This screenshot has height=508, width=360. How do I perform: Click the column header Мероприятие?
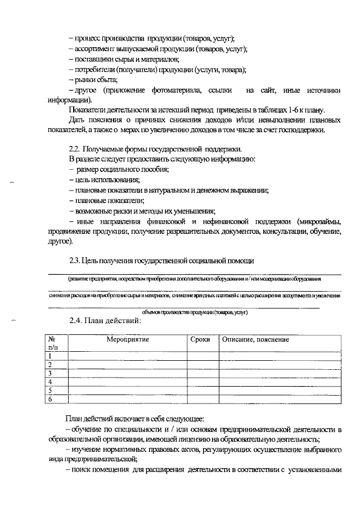coord(128,340)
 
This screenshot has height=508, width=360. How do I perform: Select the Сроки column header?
coord(200,340)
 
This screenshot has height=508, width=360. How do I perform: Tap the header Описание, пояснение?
coord(255,340)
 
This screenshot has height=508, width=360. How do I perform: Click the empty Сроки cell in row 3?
coord(202,373)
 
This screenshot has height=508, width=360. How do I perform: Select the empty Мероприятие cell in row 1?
coord(128,356)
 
